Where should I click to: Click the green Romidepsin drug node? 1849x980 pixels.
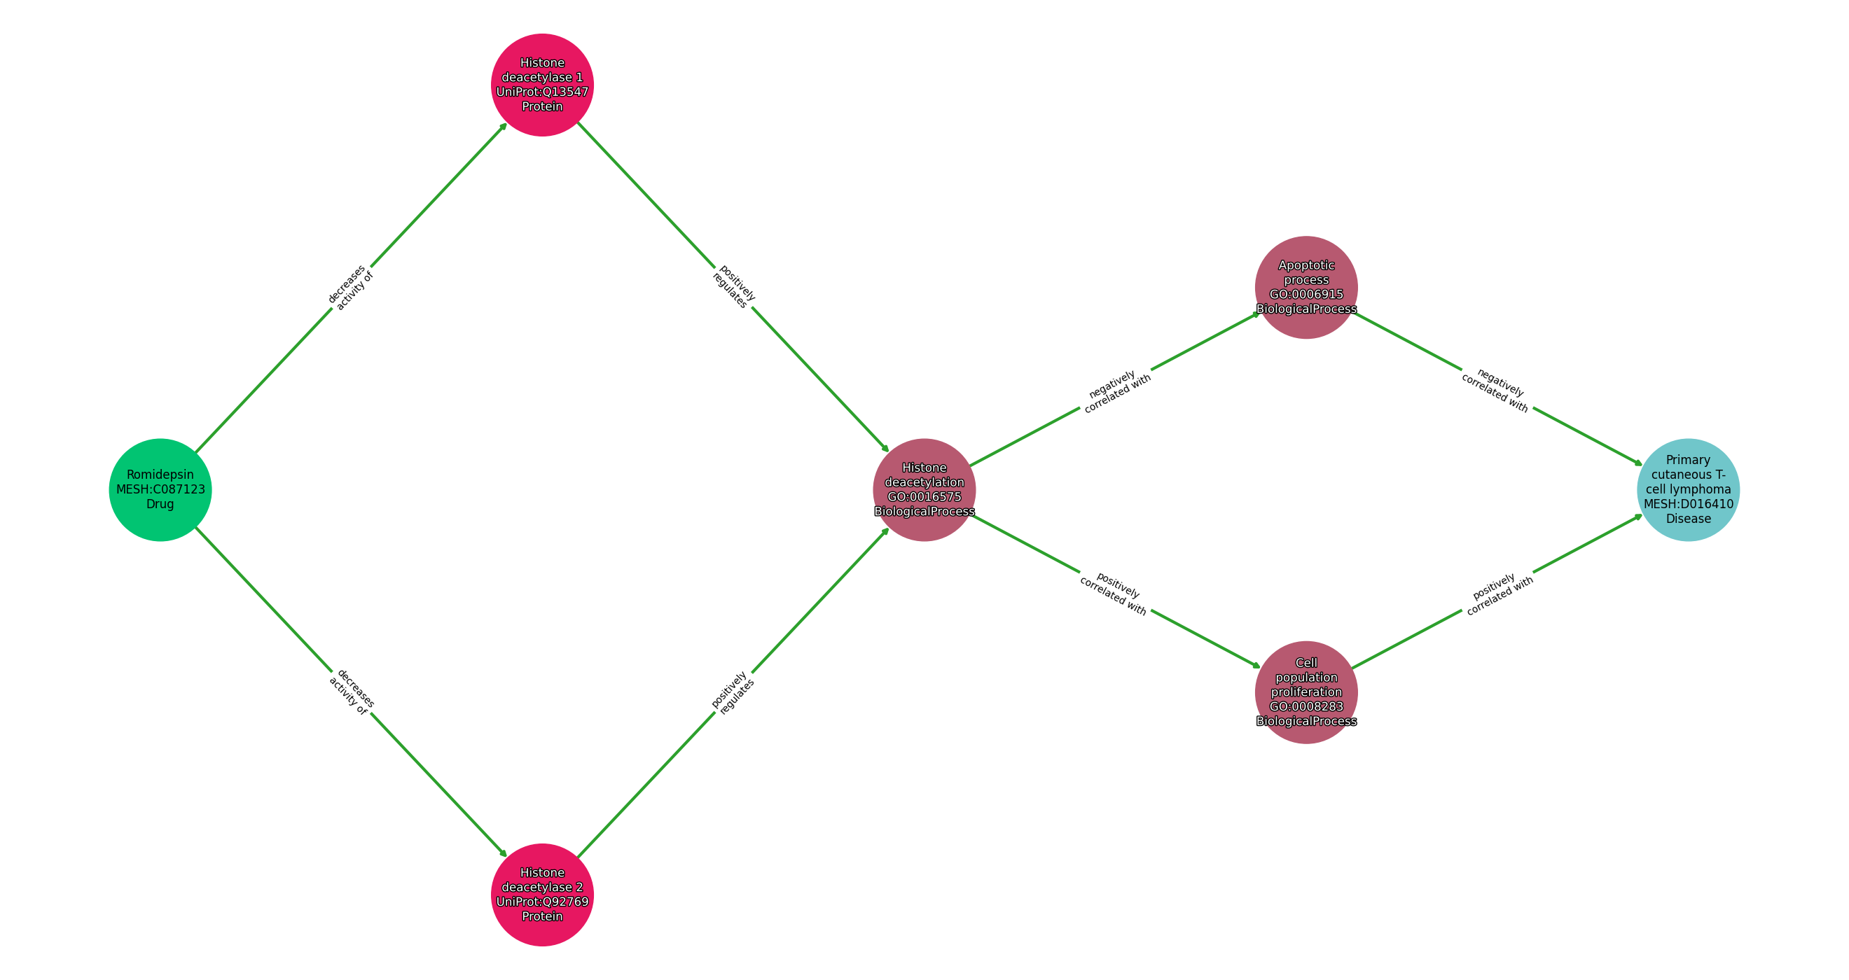coord(160,490)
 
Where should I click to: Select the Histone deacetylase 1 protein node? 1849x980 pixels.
coord(542,85)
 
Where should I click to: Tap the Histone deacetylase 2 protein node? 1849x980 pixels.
coord(542,895)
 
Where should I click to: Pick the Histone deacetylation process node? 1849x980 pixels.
coord(924,490)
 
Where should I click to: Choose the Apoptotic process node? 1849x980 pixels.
coord(1306,287)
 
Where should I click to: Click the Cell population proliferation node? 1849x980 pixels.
coord(1306,692)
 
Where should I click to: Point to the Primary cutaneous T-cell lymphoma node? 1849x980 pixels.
coord(1688,490)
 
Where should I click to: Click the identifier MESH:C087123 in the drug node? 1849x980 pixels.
coord(160,490)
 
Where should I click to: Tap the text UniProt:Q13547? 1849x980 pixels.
coord(542,92)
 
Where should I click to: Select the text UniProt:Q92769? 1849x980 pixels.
coord(542,902)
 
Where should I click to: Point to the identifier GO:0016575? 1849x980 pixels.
coord(924,497)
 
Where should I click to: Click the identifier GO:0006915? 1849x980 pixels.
coord(1306,294)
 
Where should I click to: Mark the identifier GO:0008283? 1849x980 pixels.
coord(1306,707)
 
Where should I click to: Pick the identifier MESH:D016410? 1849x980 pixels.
coord(1688,504)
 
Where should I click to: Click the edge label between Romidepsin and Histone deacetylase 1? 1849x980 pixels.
coord(351,288)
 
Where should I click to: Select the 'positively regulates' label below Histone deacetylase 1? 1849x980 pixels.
coord(733,287)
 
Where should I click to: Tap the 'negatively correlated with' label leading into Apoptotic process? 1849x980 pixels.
coord(1116,392)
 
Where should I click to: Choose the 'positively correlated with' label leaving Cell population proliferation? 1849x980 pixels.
coord(1498,595)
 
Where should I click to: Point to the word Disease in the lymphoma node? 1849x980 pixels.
coord(1688,519)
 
